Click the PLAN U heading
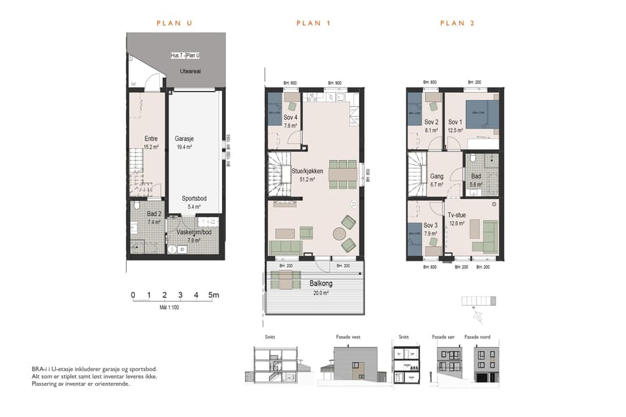click(x=174, y=24)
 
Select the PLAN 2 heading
click(x=457, y=24)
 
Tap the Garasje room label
click(x=184, y=138)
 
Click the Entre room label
click(x=150, y=138)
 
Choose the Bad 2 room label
click(x=154, y=214)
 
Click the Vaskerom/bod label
click(x=193, y=232)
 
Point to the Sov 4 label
click(x=290, y=117)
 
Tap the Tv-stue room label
click(x=456, y=214)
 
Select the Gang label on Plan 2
click(x=436, y=177)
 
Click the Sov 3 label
click(x=431, y=225)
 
